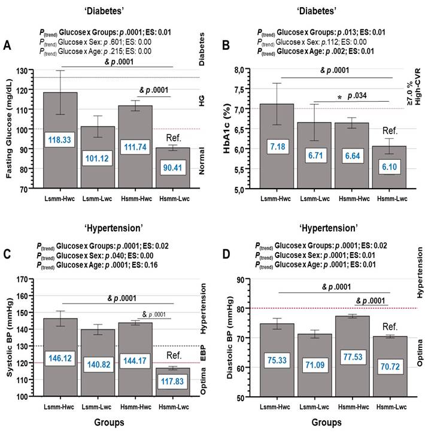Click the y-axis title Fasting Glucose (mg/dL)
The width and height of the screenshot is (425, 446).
pyautogui.click(x=9, y=129)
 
